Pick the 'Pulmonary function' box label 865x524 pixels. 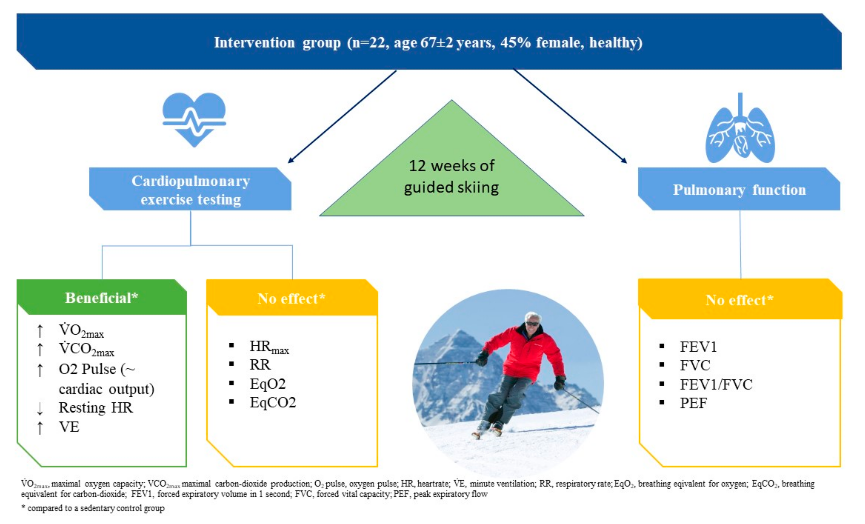739,190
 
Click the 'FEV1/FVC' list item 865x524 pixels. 716,384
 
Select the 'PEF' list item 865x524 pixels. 693,403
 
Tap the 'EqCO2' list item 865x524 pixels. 273,403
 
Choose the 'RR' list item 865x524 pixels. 260,365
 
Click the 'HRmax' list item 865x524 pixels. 269,347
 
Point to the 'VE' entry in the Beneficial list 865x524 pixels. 69,427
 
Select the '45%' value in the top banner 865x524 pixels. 515,43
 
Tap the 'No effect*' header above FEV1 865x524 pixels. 740,300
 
